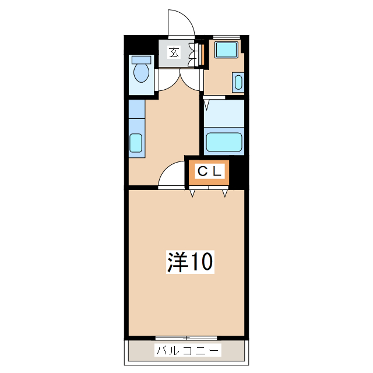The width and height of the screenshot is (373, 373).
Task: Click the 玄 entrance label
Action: [174, 52]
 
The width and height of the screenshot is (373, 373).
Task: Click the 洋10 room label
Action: [191, 262]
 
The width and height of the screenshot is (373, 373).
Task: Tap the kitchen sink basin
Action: [136, 143]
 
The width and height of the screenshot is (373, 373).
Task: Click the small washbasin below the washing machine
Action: [238, 82]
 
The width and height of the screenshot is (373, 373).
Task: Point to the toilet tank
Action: [141, 59]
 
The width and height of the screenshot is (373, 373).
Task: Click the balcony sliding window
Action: [186, 338]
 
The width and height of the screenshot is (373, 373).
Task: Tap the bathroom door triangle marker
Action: [207, 105]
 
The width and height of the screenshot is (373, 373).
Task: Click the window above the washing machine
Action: [227, 37]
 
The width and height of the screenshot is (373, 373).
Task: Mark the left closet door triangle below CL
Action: [192, 193]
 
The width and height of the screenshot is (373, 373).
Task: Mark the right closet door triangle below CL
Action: [226, 193]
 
